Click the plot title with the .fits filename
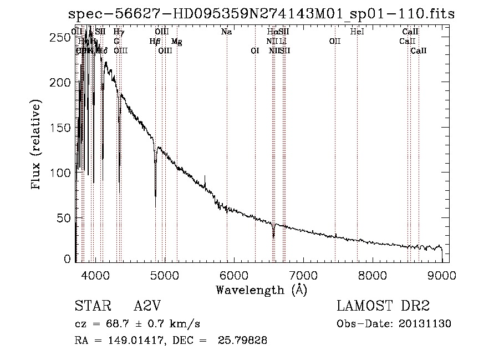coord(261,14)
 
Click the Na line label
coord(226,32)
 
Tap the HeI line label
coord(357,32)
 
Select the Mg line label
coord(176,42)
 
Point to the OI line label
coord(255,51)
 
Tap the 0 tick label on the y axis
coord(67,258)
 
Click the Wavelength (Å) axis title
coord(261,290)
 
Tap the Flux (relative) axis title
coord(37,146)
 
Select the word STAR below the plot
coord(93,307)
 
